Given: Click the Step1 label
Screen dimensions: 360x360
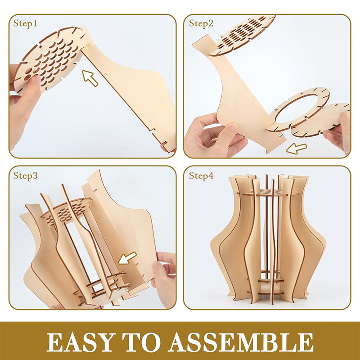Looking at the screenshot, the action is (25, 23).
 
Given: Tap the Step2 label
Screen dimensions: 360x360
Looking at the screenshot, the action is (201, 23).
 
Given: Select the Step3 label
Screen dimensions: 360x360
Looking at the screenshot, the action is (25, 175).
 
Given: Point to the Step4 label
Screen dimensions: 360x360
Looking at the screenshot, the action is (201, 175).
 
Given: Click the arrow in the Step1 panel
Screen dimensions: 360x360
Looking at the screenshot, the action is (90, 78).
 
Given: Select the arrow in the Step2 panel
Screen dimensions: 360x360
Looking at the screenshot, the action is (297, 148).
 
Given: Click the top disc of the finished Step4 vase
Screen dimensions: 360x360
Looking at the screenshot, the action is (268, 193).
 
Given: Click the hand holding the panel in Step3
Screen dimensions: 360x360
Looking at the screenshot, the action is (163, 279).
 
